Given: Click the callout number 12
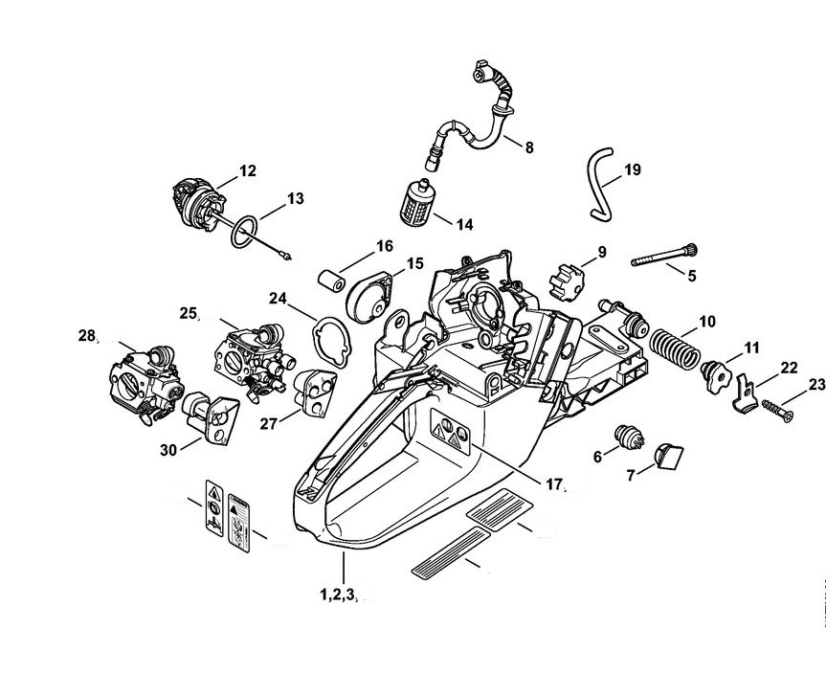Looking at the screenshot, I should (x=247, y=170).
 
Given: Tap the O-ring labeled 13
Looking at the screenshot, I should (x=245, y=230).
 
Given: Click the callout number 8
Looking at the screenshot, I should (x=529, y=146).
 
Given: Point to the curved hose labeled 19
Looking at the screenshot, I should (x=597, y=181).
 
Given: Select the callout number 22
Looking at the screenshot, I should (x=789, y=366).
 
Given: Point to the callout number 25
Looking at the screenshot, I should (x=188, y=312).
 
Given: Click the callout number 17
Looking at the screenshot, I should (x=553, y=483).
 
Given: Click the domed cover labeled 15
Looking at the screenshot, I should (x=367, y=293).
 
